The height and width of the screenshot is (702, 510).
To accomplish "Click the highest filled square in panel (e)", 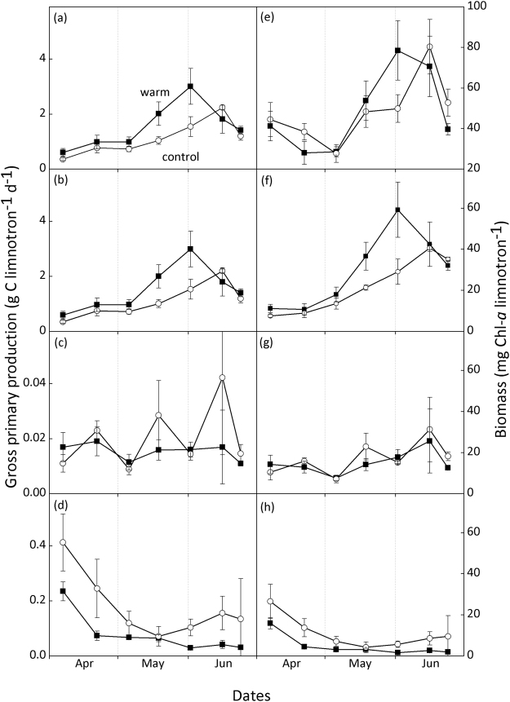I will (397, 51).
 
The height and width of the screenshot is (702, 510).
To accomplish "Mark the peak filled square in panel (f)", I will (397, 210).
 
